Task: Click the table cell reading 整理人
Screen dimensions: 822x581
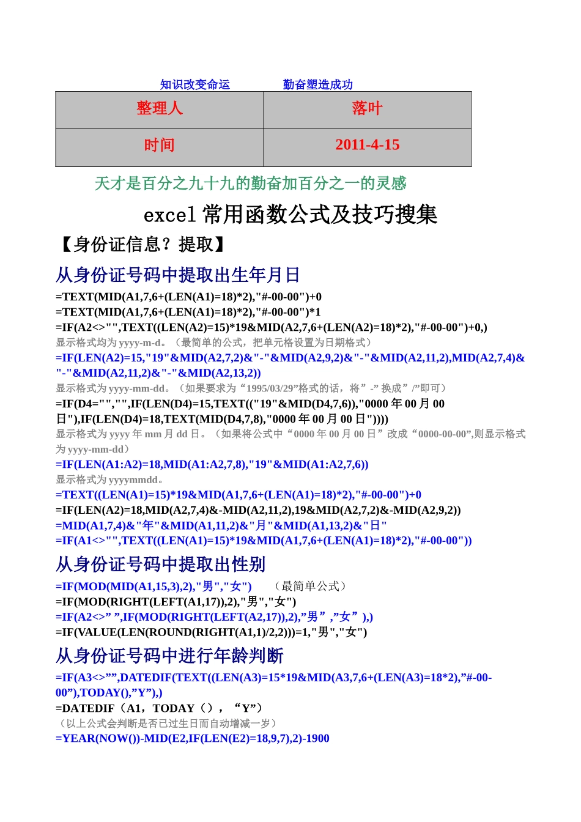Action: pos(160,109)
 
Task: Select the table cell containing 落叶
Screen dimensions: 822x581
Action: pos(367,109)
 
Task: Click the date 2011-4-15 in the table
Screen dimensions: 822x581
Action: pos(367,145)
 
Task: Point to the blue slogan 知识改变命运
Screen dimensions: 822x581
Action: pos(194,84)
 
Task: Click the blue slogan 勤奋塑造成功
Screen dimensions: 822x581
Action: pos(317,84)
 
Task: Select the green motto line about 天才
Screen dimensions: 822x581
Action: pos(250,183)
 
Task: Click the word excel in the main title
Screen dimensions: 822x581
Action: pos(169,215)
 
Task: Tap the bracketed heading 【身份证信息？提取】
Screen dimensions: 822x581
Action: pos(142,245)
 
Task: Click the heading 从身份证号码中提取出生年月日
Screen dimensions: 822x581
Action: pos(177,275)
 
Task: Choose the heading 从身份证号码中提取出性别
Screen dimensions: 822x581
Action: pos(160,564)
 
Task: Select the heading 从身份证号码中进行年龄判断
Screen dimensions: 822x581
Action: pos(169,656)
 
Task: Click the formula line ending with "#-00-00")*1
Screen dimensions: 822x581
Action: pos(188,312)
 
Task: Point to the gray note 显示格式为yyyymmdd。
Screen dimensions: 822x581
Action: pos(109,480)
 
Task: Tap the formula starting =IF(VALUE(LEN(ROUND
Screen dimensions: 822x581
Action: pos(211,632)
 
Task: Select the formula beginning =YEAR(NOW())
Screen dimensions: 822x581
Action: pos(192,739)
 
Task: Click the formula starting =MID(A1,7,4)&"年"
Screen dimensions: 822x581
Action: pos(221,525)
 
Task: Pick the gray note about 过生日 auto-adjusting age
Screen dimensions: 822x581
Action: pos(166,724)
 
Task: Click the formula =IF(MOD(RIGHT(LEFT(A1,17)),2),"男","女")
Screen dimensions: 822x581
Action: pos(176,602)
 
